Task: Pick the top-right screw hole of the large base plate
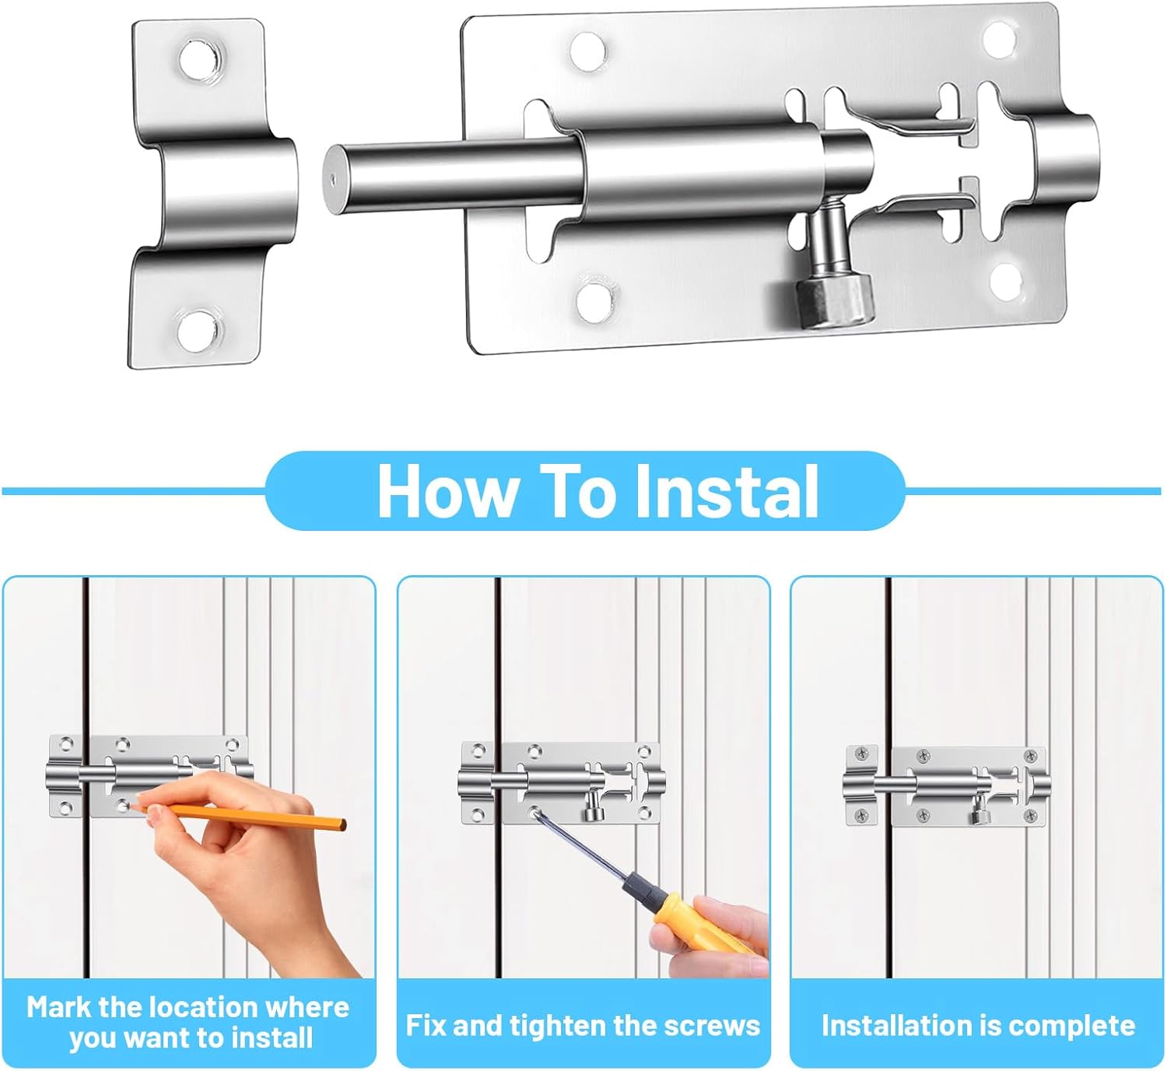999,38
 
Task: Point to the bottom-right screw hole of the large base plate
1007,281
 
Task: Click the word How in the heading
447,491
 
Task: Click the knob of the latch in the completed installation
978,816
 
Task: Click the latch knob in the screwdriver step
594,814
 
